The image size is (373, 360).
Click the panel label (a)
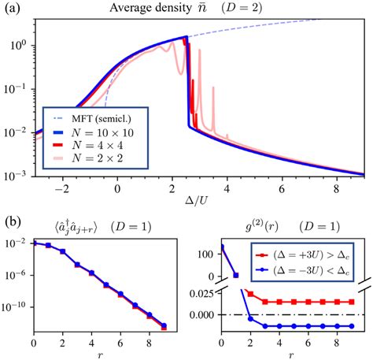[x=10, y=8]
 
